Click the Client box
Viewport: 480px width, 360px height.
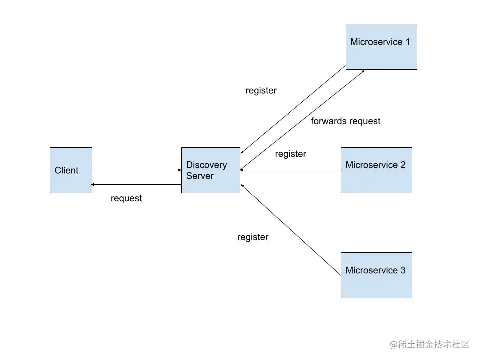(x=71, y=170)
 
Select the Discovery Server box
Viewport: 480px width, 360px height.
(x=210, y=170)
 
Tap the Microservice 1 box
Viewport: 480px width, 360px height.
(x=381, y=46)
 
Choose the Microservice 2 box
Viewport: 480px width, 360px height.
(x=376, y=170)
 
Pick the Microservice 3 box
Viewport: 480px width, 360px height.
(x=376, y=275)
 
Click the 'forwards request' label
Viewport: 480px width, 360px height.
(x=345, y=121)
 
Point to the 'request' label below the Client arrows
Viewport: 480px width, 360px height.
(x=126, y=198)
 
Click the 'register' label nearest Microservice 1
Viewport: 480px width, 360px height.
(x=261, y=91)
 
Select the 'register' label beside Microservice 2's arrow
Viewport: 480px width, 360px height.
(x=290, y=154)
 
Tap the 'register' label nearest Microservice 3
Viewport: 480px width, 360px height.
(x=252, y=237)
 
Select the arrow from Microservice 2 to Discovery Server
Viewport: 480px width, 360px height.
(x=290, y=170)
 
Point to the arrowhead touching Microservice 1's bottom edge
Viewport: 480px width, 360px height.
(x=362, y=71)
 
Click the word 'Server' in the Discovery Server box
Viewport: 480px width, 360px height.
(x=200, y=176)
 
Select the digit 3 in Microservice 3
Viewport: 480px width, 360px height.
(x=403, y=271)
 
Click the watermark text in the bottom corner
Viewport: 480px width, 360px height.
(x=430, y=344)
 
